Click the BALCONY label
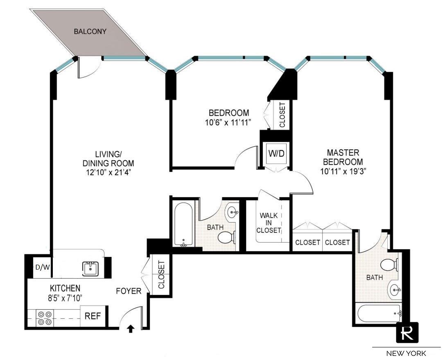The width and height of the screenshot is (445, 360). (x=90, y=32)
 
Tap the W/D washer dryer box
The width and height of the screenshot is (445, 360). (x=276, y=153)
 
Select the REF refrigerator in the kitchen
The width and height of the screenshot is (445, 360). (x=94, y=316)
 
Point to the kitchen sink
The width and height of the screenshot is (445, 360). (x=90, y=269)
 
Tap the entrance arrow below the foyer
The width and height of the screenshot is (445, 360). (x=131, y=328)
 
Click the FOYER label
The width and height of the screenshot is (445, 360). (x=128, y=291)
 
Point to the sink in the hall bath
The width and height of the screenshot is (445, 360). (x=233, y=212)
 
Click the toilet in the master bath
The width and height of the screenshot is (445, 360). (x=389, y=265)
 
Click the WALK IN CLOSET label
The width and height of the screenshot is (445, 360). (x=269, y=223)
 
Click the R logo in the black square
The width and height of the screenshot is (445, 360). (x=408, y=332)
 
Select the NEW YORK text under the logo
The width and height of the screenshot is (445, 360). (x=406, y=353)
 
